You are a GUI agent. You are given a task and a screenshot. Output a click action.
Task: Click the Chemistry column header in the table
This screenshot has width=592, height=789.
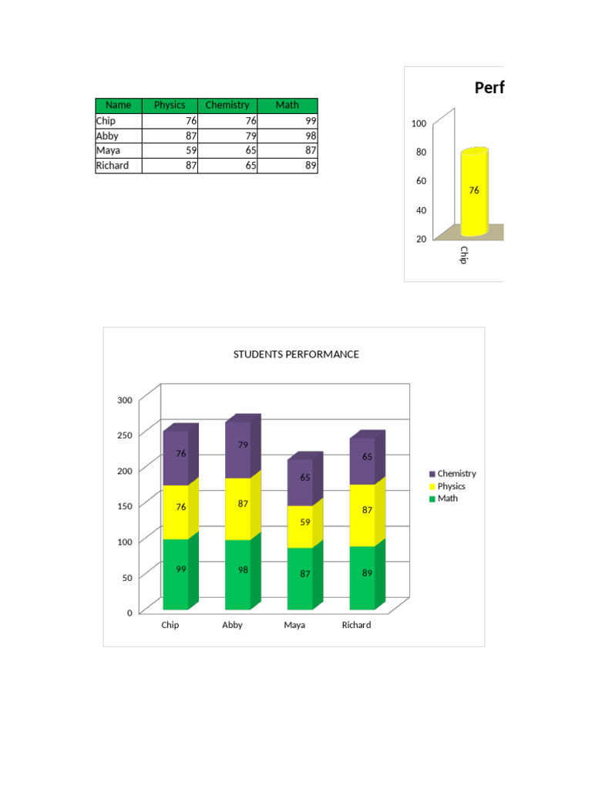tap(227, 105)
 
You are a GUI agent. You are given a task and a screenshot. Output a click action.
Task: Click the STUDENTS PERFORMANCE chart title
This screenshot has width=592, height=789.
tap(296, 354)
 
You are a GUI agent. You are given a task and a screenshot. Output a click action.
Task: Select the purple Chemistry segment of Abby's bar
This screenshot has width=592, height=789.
tap(238, 449)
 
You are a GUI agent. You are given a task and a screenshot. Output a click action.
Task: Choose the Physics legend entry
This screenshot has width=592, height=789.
tap(451, 486)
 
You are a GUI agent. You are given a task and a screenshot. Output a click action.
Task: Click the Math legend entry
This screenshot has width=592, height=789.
tap(447, 499)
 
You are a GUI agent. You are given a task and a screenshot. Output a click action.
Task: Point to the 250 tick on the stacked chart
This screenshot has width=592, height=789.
tap(125, 435)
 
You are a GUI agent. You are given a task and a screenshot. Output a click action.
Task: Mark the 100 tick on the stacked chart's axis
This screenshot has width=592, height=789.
tap(125, 541)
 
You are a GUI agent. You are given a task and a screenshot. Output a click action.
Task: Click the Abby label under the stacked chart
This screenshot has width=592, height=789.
tap(232, 625)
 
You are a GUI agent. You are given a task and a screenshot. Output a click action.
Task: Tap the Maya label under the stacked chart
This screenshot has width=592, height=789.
tap(294, 625)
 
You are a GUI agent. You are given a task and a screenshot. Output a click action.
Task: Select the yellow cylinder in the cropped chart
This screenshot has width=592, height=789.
tap(474, 193)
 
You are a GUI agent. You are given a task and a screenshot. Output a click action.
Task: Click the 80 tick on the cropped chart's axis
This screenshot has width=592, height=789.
tap(421, 152)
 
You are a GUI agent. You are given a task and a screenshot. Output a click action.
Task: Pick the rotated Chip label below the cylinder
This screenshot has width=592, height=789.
tap(463, 255)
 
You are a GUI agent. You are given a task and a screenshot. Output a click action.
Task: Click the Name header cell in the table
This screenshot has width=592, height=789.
tap(118, 105)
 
